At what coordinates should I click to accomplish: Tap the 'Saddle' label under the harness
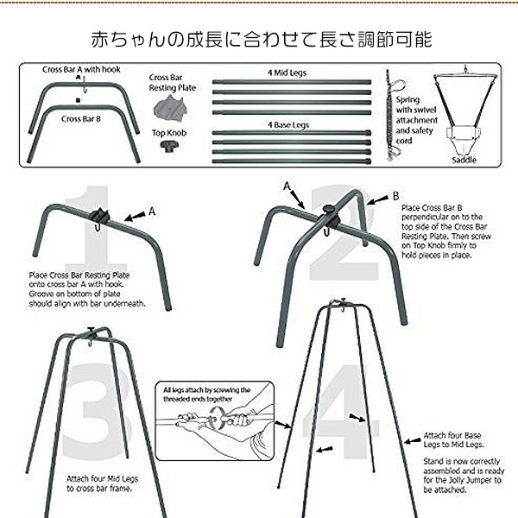(463, 160)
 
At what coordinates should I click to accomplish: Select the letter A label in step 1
(152, 210)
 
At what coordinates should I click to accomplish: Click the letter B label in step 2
(395, 197)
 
